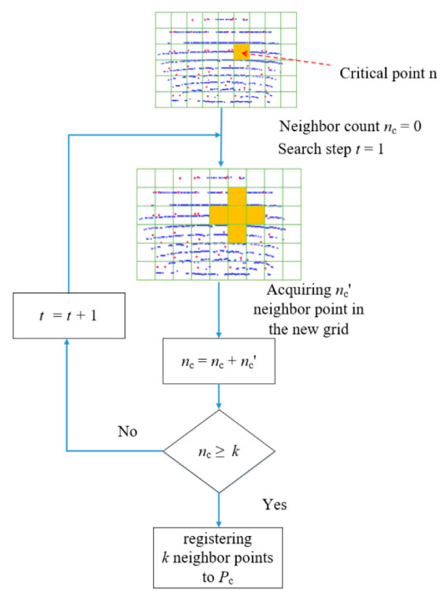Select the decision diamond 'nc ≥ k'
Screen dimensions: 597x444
click(x=219, y=451)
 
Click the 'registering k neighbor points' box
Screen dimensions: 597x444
click(x=219, y=557)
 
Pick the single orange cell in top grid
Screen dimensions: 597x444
click(x=241, y=52)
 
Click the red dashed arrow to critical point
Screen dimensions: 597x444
click(x=291, y=59)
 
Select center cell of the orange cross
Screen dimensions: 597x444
click(x=237, y=215)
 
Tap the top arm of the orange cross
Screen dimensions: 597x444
click(x=237, y=196)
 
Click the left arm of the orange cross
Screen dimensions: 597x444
click(x=218, y=215)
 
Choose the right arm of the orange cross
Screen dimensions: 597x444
click(x=256, y=215)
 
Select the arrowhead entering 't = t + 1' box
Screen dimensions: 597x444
click(x=67, y=341)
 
